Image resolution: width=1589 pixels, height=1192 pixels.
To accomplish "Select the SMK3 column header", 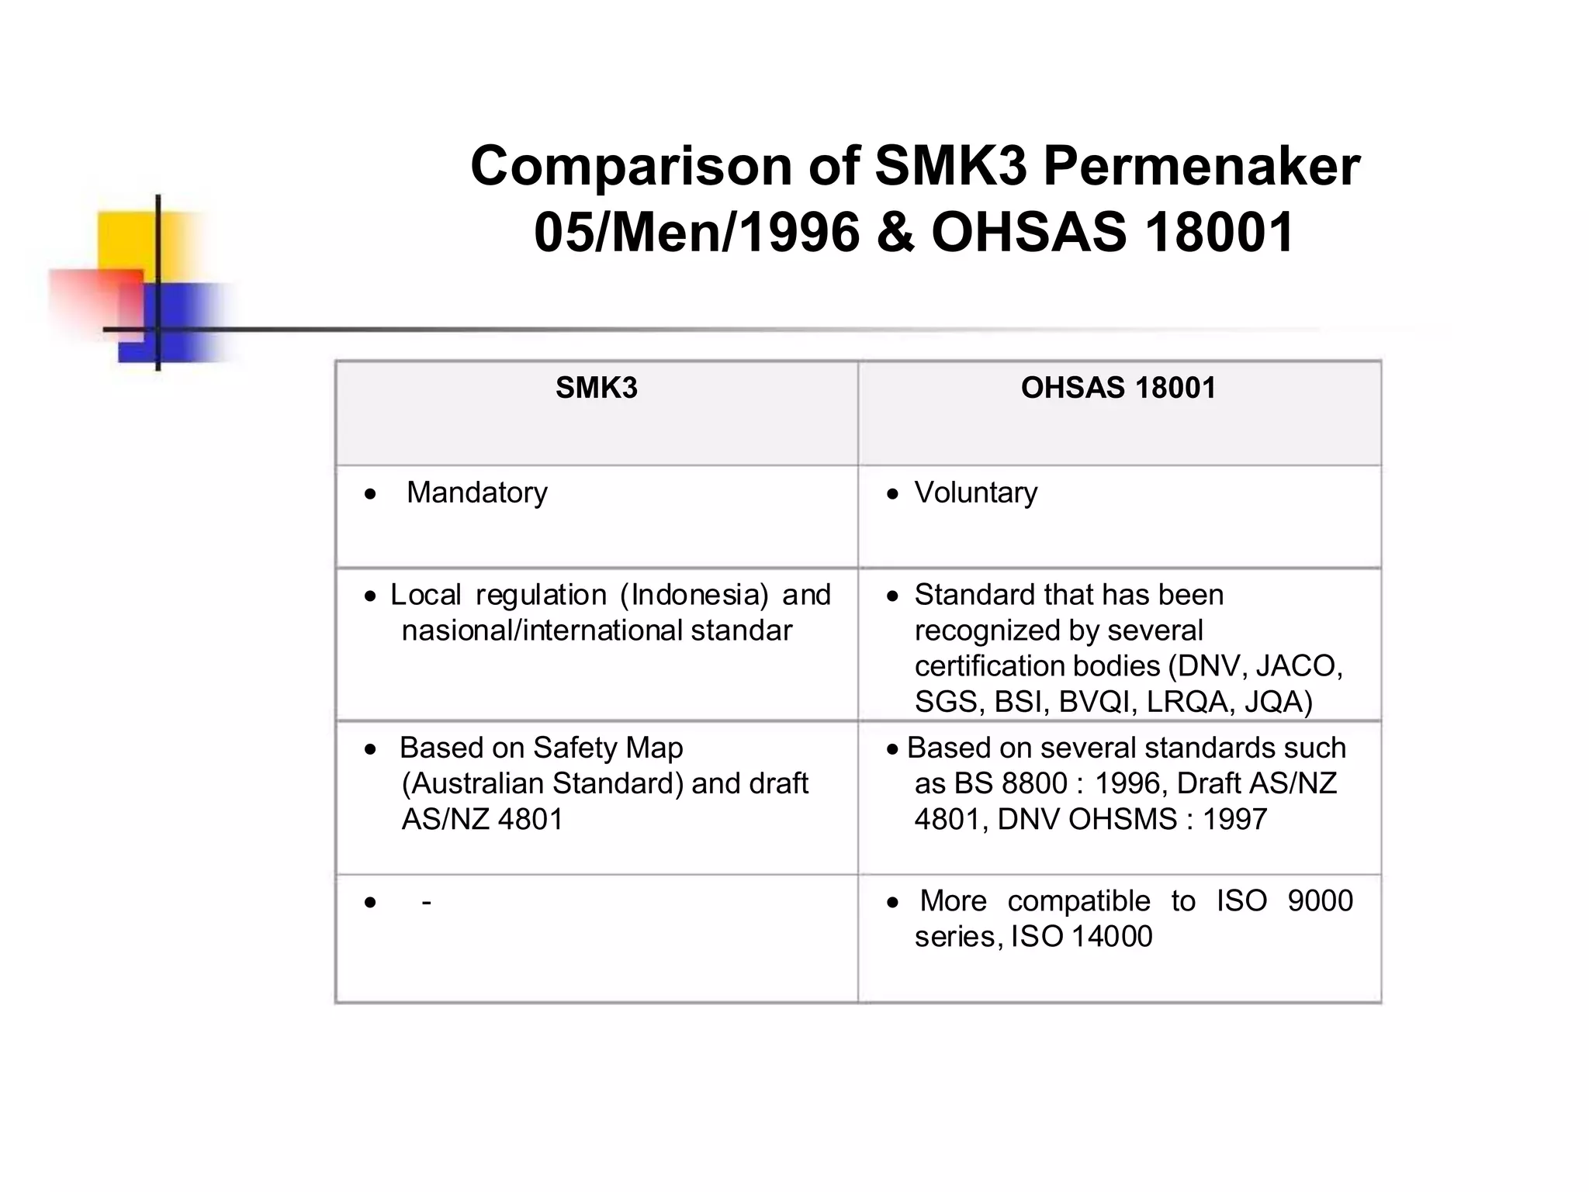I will click(596, 388).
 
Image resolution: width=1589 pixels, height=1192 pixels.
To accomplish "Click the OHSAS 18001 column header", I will click(1118, 388).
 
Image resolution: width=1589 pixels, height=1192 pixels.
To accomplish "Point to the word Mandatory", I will click(476, 492).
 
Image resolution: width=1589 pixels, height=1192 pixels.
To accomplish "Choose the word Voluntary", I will click(975, 492).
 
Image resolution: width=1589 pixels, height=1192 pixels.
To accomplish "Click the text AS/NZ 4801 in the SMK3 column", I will click(482, 819).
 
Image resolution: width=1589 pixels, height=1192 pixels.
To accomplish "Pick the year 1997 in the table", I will click(1234, 819).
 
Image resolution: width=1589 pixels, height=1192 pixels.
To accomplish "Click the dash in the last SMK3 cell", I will click(426, 902).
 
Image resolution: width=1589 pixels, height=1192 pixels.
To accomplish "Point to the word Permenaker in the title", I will click(1201, 167).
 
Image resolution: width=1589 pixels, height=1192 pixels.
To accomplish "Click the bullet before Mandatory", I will click(371, 494).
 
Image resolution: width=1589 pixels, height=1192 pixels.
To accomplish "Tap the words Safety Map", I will click(608, 748).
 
